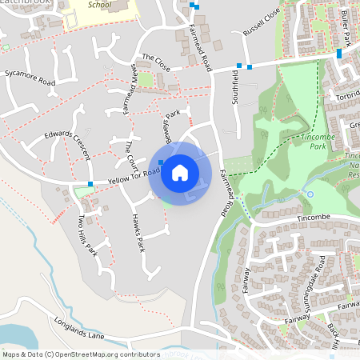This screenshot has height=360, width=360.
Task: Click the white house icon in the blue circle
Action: (x=180, y=172)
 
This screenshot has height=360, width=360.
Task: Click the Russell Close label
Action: (x=262, y=36)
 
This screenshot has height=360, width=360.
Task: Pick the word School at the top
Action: (x=101, y=4)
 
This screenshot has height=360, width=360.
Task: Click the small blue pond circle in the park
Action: (x=310, y=194)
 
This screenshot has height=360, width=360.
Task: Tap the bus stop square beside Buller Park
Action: (x=339, y=54)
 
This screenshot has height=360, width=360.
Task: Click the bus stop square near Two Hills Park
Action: (x=90, y=184)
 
